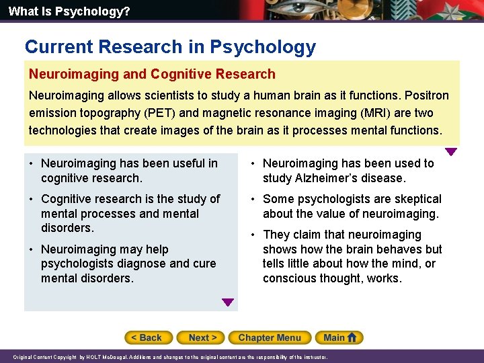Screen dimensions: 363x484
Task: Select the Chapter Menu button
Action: point(270,337)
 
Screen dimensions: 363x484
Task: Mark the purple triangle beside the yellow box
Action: point(451,152)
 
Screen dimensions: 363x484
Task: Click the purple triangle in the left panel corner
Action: point(228,303)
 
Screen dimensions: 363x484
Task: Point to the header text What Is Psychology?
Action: point(60,11)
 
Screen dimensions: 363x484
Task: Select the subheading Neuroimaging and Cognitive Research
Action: point(152,75)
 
